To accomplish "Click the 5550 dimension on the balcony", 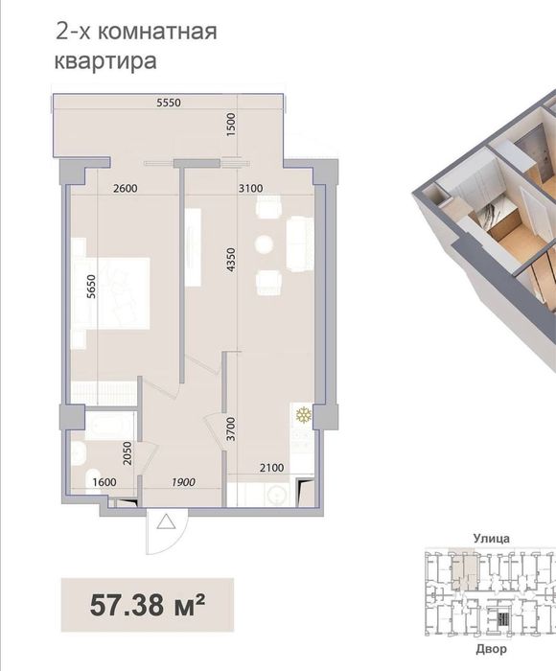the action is pos(169,103).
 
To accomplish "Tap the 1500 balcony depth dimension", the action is pos(231,125).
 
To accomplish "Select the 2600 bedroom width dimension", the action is pos(125,188).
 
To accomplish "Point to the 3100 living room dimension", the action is pos(250,188).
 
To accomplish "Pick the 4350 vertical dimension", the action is pos(231,260).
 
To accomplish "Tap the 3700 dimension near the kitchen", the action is pos(231,429).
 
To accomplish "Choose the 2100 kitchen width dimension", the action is pos(272,468).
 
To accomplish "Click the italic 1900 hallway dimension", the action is pos(183,482).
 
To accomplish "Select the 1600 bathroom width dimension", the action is pos(104,482).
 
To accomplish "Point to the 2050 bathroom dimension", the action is pos(127,453).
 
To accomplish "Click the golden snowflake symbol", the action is pos(304,415).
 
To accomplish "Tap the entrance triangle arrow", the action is pos(166,522).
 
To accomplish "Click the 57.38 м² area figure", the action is pos(148,605).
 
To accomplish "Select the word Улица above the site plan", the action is pos(492,539).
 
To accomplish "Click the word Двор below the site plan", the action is pos(492,649).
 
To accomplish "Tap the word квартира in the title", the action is pos(105,60).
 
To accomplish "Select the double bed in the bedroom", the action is pos(112,293).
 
